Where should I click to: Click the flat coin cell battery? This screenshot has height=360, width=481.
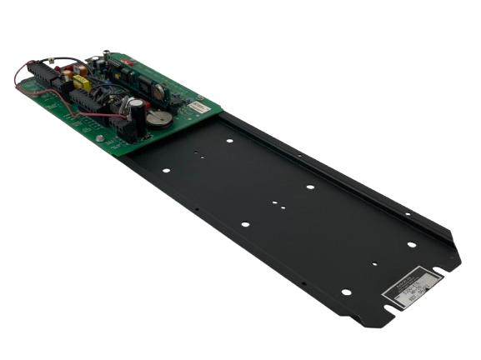pyautogui.click(x=158, y=118)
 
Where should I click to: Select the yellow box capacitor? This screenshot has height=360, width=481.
pyautogui.click(x=82, y=83)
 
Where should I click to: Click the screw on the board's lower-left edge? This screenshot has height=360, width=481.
pyautogui.click(x=100, y=139)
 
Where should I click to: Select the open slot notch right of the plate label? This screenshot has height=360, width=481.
pyautogui.click(x=455, y=264)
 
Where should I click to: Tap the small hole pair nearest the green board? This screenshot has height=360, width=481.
pyautogui.click(x=198, y=155)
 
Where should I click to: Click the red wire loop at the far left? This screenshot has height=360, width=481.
pyautogui.click(x=18, y=79)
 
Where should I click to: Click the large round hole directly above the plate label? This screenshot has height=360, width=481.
pyautogui.click(x=411, y=245)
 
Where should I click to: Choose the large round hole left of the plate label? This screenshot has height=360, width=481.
pyautogui.click(x=345, y=292)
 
